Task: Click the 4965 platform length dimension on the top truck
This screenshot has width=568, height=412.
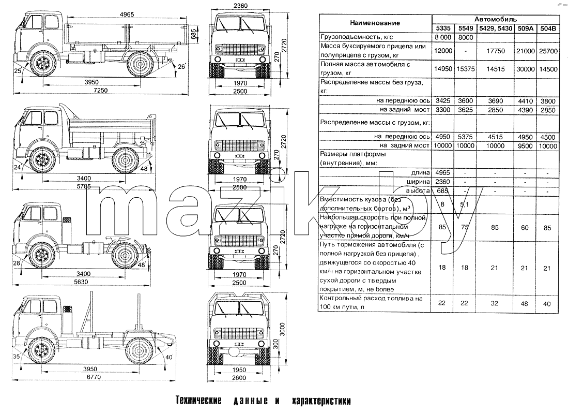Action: point(127,14)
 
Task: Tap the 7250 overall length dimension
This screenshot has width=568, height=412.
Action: point(100,90)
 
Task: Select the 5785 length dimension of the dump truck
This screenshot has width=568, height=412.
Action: point(84,186)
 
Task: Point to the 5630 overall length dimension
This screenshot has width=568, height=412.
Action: point(81,282)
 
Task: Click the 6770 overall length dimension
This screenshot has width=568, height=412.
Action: point(94,377)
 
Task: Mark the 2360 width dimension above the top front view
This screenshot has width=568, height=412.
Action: point(240,6)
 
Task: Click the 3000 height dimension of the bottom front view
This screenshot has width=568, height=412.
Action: point(283,329)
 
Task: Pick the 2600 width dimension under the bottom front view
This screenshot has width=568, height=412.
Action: point(239,377)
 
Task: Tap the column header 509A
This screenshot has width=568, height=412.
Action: point(525,28)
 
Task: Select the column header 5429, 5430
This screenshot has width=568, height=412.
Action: point(496,28)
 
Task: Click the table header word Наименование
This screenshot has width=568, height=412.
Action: point(375,23)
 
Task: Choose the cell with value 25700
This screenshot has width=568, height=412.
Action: point(548,51)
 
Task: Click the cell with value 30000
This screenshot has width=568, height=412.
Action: point(525,69)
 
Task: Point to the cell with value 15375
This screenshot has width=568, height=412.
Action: point(466,69)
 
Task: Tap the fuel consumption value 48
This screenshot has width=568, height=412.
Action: point(524,303)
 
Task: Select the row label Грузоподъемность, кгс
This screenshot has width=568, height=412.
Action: point(357,37)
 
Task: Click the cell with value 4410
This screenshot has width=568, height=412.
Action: point(525,101)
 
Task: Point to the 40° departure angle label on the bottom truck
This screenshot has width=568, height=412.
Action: point(169,357)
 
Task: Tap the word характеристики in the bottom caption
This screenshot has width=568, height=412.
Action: point(321,401)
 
